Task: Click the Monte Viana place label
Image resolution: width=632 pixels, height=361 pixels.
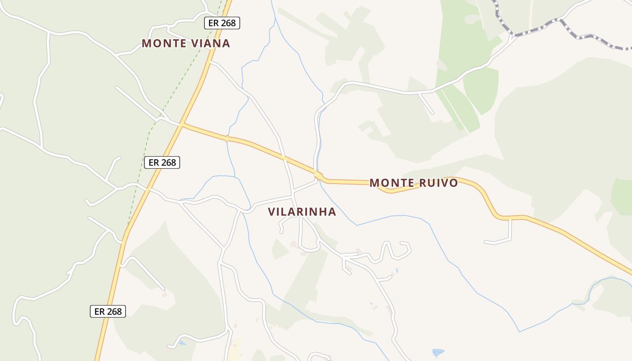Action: pos(186,43)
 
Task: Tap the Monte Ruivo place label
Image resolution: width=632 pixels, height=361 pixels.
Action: pos(414,183)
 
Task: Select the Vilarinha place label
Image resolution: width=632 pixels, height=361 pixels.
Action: pos(302,212)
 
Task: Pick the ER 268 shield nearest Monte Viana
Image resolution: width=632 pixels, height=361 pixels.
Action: pos(222,23)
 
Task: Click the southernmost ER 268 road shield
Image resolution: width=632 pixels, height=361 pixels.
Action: pos(108,311)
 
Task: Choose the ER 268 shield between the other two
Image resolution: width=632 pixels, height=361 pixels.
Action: pos(162,162)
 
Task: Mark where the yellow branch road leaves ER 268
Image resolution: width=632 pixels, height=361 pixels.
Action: pos(182,124)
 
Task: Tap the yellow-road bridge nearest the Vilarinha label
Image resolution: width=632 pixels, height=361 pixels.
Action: pos(318,175)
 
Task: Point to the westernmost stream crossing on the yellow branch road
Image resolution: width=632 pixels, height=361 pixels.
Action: pos(228,139)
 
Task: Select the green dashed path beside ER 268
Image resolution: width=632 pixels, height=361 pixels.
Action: pos(149,135)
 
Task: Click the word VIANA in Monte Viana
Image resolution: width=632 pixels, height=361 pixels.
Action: pos(210,43)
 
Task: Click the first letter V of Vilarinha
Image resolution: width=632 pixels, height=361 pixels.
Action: pos(271,212)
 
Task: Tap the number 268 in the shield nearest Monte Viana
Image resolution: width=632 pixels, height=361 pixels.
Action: pos(228,23)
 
